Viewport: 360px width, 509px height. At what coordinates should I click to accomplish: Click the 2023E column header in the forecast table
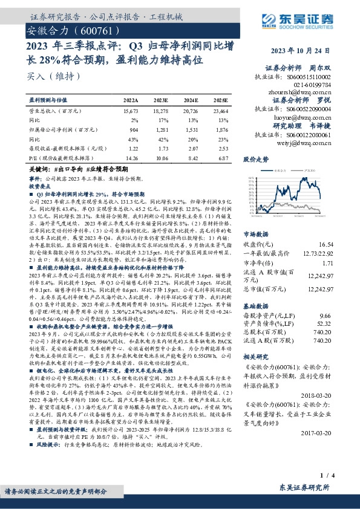tap(160, 101)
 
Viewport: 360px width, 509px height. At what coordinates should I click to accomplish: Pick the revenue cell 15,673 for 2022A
tap(131, 112)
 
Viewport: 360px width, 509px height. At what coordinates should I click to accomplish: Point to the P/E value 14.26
tap(131, 157)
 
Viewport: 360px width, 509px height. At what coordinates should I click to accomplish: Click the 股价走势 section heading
tap(255, 160)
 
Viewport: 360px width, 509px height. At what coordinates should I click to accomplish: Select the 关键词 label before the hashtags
tap(39, 171)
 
